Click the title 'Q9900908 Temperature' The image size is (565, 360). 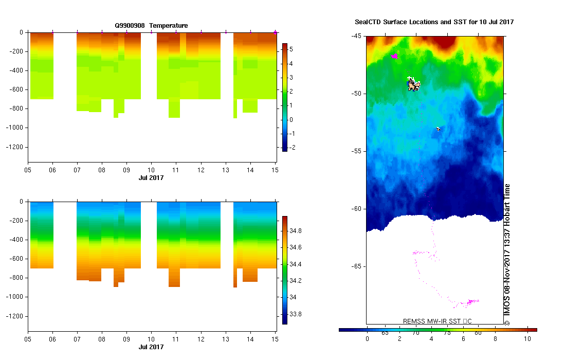point(151,26)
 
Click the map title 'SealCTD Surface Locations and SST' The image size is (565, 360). point(434,22)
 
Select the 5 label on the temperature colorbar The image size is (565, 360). point(291,49)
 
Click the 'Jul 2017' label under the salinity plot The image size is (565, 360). point(151,347)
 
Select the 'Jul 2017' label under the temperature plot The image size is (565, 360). point(151,178)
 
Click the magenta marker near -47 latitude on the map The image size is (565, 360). point(394,56)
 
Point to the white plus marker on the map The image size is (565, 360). point(410,78)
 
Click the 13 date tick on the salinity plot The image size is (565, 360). point(226,339)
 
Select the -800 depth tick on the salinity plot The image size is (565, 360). point(16,278)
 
